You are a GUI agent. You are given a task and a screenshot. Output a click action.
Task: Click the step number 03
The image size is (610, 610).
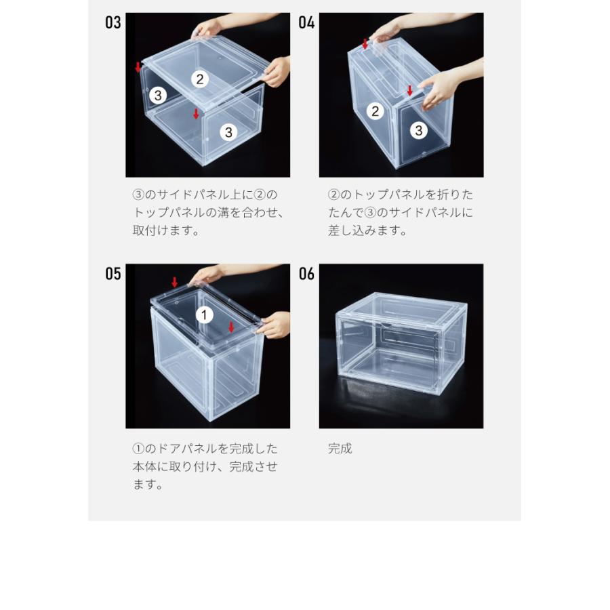tap(113, 22)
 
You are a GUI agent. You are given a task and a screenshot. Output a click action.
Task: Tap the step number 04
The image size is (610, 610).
tap(306, 22)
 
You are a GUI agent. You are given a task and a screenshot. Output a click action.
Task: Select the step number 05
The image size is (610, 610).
tap(113, 274)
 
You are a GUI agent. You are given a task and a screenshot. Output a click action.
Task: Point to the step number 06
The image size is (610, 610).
tap(306, 274)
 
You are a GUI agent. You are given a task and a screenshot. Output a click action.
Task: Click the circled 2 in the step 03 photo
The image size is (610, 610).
tap(200, 79)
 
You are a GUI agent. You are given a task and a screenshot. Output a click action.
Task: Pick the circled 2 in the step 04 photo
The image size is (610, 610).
tap(375, 111)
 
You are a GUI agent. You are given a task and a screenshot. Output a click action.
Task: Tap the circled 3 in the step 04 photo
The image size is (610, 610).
tap(419, 130)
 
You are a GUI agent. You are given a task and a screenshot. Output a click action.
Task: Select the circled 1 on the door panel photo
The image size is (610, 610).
tap(204, 314)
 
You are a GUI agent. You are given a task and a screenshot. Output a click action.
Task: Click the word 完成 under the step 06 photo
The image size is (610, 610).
tap(340, 449)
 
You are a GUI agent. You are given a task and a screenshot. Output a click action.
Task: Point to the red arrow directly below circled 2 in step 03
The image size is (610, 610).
tap(196, 114)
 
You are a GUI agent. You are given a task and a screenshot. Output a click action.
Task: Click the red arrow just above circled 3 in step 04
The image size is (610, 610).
tap(409, 91)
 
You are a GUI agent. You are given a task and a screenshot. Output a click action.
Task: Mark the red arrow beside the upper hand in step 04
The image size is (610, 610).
tap(365, 44)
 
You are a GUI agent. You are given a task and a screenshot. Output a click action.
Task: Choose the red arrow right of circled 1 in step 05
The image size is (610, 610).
tap(232, 327)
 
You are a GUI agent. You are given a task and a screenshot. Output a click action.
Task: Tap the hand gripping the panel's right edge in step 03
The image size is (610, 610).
tap(277, 72)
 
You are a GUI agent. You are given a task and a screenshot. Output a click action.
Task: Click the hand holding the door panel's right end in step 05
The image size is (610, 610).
tap(275, 325)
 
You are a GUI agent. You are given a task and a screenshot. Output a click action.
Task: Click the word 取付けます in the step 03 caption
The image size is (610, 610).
tap(166, 230)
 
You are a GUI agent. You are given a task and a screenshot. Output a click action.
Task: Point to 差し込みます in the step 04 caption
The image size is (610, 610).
tap(367, 230)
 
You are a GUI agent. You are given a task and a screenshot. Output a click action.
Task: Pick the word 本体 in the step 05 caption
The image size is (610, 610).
tap(144, 466)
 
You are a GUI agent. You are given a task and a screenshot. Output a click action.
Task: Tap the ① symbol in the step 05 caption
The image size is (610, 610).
tap(138, 449)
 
